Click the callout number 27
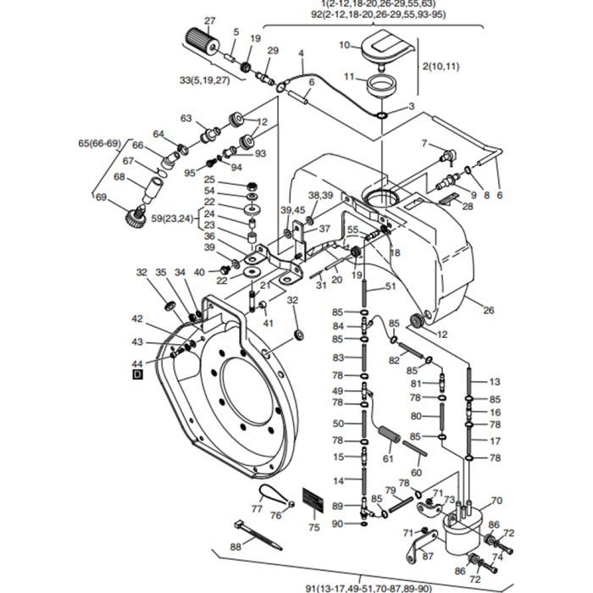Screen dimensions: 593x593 coord(210,20)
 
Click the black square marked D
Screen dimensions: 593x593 coord(138,374)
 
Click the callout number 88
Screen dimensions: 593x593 coord(236,548)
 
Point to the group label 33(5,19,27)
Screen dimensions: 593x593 coord(204,80)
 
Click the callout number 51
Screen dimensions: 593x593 coord(391,286)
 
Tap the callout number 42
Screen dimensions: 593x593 coord(138,319)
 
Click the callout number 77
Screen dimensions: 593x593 coord(258,508)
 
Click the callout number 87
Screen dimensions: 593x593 coord(428,556)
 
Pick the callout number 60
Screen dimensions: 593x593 coord(416,473)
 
